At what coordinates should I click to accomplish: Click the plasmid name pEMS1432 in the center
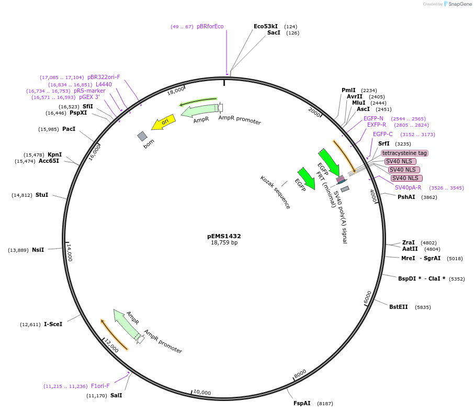pos(224,236)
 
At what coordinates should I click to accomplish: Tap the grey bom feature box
pos(142,136)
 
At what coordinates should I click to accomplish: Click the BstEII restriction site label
pos(398,307)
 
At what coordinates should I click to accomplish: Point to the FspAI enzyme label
pos(302,403)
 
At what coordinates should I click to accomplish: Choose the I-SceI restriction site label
pos(53,324)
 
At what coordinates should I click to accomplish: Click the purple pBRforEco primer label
pos(210,27)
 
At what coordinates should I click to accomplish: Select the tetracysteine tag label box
pos(404,153)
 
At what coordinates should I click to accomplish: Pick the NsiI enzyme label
pos(38,250)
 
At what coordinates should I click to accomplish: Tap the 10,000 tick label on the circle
pos(202,393)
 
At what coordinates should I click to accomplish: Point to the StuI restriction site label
pos(42,195)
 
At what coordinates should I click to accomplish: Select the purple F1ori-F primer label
pos(100,386)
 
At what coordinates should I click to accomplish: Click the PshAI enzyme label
pos(406,197)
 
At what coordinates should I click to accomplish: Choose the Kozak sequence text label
pos(275,192)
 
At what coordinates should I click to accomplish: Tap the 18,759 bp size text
pos(224,243)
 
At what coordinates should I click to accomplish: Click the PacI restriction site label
pos(69,129)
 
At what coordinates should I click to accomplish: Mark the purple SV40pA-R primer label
pos(408,188)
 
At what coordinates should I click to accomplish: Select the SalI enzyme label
pos(116,395)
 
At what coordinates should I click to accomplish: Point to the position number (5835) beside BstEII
pos(423,307)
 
